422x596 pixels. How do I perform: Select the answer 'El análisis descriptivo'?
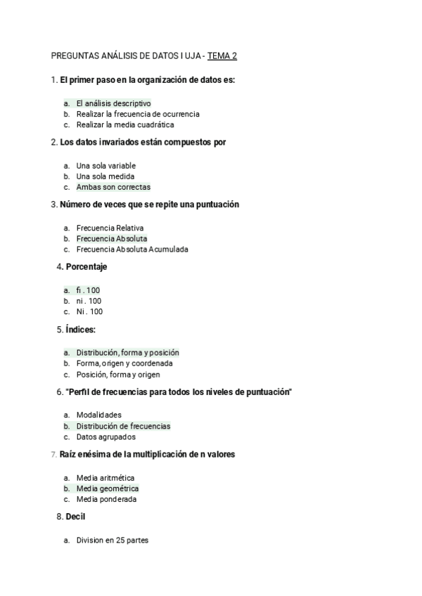(x=113, y=103)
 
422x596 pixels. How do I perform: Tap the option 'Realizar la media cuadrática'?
(x=125, y=124)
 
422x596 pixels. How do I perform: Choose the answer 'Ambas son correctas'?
(x=113, y=188)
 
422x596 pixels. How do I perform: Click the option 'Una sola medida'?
(x=105, y=176)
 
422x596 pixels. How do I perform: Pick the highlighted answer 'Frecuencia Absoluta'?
(x=112, y=239)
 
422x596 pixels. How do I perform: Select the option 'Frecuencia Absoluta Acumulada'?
(x=132, y=250)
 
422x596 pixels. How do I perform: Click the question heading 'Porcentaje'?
(x=87, y=267)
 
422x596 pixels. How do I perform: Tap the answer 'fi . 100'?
(x=89, y=290)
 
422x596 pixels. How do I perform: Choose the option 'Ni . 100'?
(x=89, y=311)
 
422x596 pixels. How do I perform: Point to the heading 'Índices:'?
(x=81, y=329)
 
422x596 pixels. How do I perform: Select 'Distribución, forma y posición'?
(x=127, y=353)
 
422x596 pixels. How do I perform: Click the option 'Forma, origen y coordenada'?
(x=124, y=363)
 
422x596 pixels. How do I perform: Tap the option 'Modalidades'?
(x=98, y=415)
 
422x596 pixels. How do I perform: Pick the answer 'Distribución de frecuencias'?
(x=123, y=426)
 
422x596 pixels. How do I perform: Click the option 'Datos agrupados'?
(x=106, y=436)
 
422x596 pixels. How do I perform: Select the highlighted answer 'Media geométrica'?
(x=108, y=488)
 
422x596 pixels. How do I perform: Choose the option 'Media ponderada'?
(x=106, y=499)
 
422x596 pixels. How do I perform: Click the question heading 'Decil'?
(x=75, y=517)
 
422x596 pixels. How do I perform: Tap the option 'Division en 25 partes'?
(x=113, y=540)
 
